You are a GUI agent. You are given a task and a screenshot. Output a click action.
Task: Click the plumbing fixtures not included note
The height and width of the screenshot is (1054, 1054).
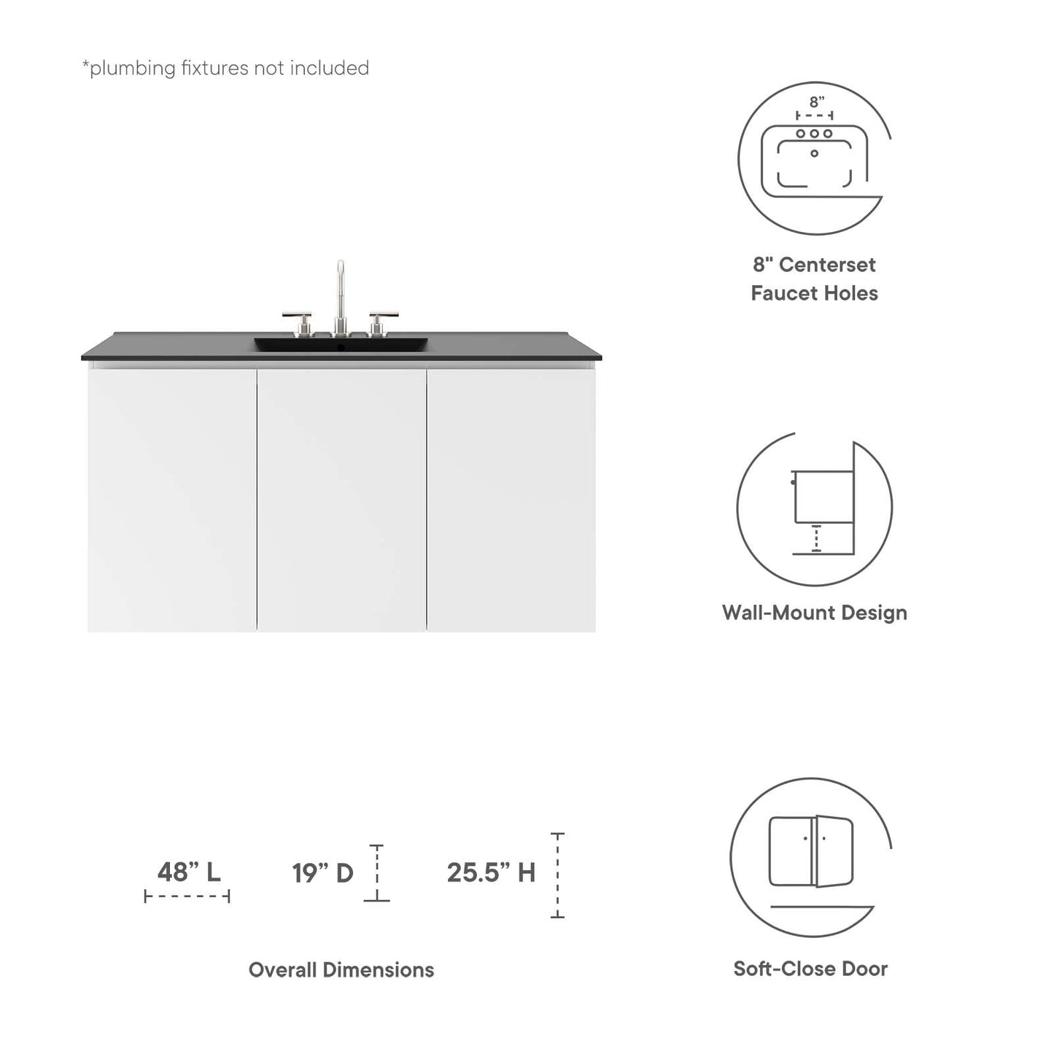(x=225, y=68)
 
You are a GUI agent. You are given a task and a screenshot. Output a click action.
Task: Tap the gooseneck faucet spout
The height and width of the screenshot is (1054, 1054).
(x=340, y=284)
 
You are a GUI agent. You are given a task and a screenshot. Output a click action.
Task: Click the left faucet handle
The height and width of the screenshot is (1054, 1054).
(x=297, y=318)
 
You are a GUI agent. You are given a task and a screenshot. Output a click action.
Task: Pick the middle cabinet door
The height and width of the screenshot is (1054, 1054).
(x=341, y=500)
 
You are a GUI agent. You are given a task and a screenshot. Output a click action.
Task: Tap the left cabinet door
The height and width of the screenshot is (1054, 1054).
(x=172, y=500)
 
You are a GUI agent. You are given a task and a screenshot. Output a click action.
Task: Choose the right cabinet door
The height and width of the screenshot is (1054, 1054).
(x=511, y=500)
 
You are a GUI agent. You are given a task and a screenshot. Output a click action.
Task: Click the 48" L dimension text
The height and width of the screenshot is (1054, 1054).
(x=189, y=872)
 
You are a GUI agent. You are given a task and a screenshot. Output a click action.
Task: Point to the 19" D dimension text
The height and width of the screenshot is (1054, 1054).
(x=323, y=872)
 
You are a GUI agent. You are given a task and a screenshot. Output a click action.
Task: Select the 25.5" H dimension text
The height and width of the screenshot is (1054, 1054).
(x=491, y=872)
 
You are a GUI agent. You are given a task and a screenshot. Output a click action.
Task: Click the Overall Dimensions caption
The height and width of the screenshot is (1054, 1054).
(x=341, y=969)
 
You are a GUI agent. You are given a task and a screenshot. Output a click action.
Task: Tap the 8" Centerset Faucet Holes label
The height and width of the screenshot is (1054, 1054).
(x=814, y=279)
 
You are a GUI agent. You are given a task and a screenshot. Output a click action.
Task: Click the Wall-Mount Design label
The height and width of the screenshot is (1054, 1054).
(x=814, y=612)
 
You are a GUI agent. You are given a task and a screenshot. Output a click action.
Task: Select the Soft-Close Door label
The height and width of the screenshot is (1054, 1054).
(x=810, y=969)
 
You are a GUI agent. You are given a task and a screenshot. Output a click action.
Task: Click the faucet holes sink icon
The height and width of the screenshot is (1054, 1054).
(x=814, y=157)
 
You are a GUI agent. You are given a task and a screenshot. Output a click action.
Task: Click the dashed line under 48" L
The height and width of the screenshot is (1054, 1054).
(x=187, y=896)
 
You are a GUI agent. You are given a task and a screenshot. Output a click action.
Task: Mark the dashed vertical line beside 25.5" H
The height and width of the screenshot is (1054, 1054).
(x=557, y=875)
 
